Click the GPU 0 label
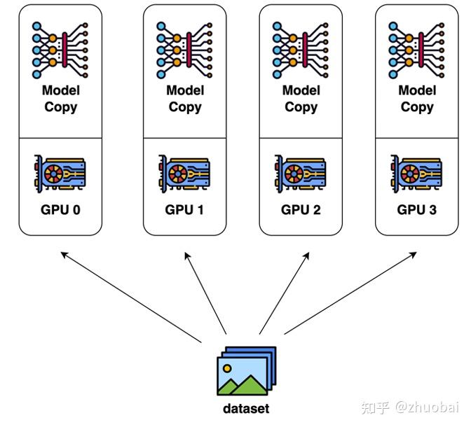tap(60, 210)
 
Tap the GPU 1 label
tap(184, 210)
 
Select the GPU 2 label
tap(301, 210)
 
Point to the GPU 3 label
tap(416, 210)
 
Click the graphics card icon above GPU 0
tap(60, 174)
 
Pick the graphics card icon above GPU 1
tap(184, 174)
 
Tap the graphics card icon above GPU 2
tap(301, 174)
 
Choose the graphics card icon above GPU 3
tap(416, 174)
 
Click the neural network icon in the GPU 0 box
tap(60, 50)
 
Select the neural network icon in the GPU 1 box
tap(184, 50)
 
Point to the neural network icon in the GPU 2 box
tap(301, 50)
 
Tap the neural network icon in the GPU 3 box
tap(416, 50)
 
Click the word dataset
tap(246, 409)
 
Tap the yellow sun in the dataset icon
tap(227, 368)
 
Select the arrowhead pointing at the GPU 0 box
tap(64, 255)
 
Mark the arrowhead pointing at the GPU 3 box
tap(414, 255)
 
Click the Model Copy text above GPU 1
tap(185, 99)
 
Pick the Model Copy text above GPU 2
tap(301, 99)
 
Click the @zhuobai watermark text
tap(427, 407)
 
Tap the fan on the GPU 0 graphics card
tap(53, 174)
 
